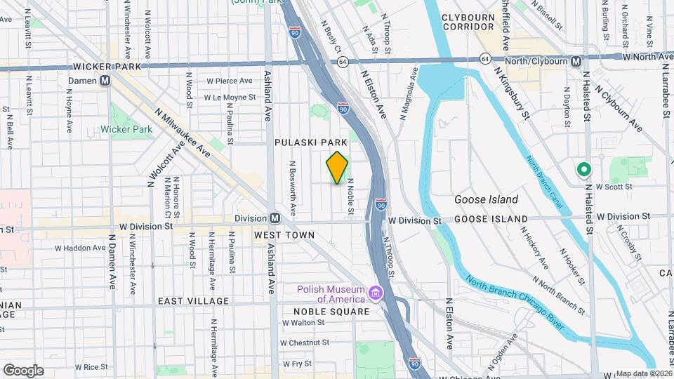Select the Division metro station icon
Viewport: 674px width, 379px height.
click(x=275, y=218)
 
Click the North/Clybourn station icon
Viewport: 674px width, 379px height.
click(x=576, y=61)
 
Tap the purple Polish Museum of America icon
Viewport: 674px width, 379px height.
click(x=376, y=293)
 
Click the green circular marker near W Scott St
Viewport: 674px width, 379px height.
click(x=583, y=170)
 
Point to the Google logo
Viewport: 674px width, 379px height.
click(x=23, y=370)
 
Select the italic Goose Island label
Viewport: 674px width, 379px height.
click(x=486, y=199)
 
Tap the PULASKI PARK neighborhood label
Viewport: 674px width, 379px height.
click(x=311, y=142)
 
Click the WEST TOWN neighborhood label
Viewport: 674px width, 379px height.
click(x=282, y=234)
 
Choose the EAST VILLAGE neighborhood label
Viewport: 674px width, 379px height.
click(x=193, y=301)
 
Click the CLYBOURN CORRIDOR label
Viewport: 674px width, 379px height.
click(x=474, y=22)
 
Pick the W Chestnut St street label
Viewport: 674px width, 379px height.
click(x=305, y=343)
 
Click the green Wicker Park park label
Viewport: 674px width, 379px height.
click(x=126, y=129)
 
